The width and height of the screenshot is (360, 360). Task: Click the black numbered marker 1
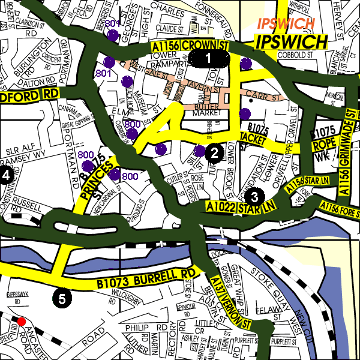[209, 58]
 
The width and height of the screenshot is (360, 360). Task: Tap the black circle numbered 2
[213, 153]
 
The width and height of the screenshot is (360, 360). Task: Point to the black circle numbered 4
[6, 175]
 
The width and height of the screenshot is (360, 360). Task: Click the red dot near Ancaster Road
[22, 322]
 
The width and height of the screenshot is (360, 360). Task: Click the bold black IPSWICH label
[291, 41]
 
